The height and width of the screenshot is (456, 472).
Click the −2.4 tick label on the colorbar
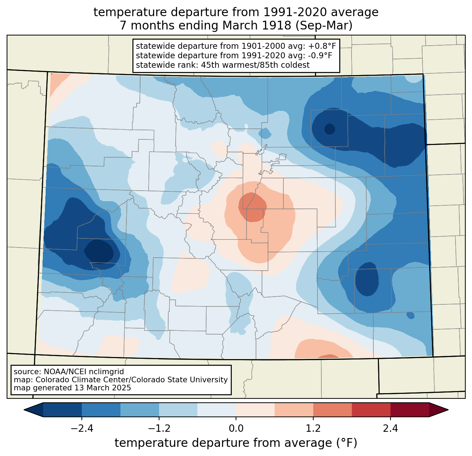point(82,429)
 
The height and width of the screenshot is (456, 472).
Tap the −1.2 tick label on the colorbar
point(159,429)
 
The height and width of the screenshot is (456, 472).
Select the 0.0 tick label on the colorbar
point(236,429)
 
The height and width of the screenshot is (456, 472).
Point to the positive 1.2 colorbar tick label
point(313,429)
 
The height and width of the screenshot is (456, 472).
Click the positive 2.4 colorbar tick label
point(391,429)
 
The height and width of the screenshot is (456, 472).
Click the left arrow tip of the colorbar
point(24,410)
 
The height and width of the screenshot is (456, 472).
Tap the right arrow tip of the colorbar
point(448,410)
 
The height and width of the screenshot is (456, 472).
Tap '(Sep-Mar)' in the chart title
point(324,26)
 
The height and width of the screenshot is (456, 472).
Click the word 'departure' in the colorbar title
point(221,443)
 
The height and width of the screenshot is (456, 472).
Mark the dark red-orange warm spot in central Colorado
point(253,207)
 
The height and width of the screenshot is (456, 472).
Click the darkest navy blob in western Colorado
point(99,251)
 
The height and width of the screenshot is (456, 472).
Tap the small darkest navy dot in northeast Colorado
point(330,129)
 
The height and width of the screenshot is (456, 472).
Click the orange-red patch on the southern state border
point(327,356)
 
